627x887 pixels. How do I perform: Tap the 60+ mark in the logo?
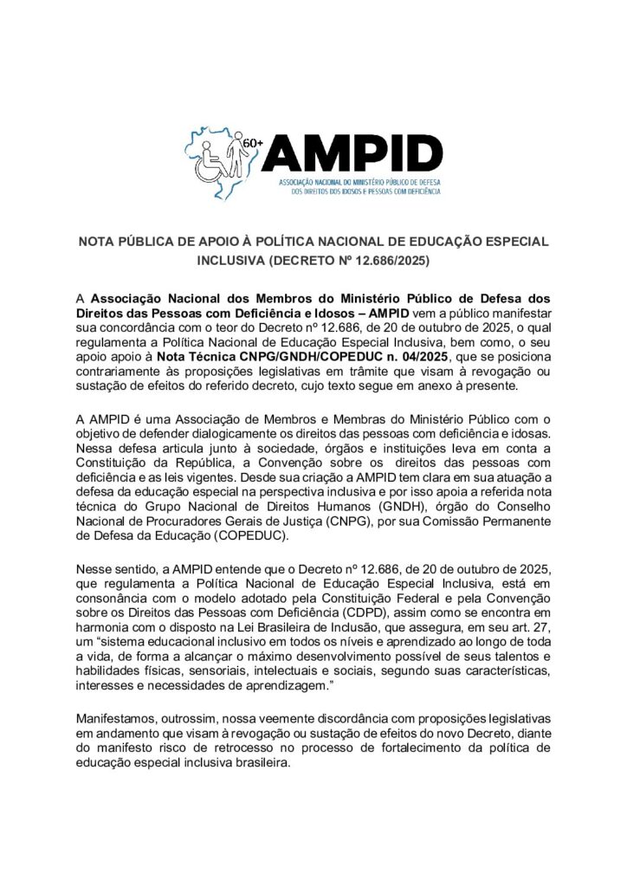point(253,141)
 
